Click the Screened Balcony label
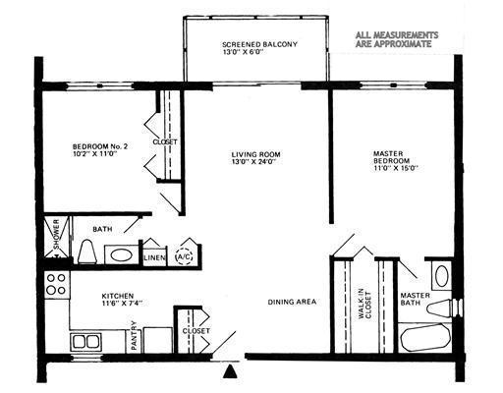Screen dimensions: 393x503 pyautogui.click(x=259, y=50)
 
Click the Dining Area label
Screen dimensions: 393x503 pyautogui.click(x=292, y=302)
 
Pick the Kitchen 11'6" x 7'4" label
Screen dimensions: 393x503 pyautogui.click(x=123, y=299)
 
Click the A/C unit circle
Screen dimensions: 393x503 pyautogui.click(x=184, y=256)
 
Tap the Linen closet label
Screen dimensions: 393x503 pyautogui.click(x=154, y=257)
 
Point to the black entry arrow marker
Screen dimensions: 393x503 pyautogui.click(x=231, y=371)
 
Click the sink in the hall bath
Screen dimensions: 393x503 pyautogui.click(x=121, y=254)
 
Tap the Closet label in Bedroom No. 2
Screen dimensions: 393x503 pyautogui.click(x=164, y=141)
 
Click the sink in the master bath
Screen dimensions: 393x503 pyautogui.click(x=440, y=276)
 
